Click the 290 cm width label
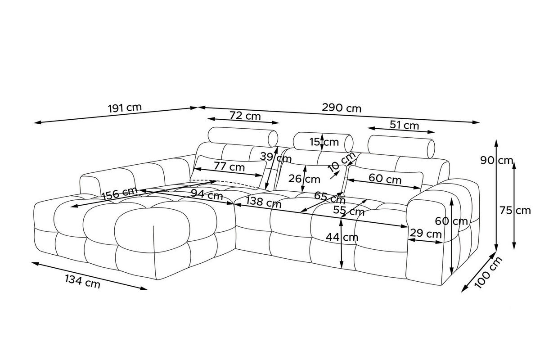pos(342,108)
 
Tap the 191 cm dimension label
pos(125,108)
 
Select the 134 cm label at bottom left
pos(82,282)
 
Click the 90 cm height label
pos(497,160)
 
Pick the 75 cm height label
pos(515,211)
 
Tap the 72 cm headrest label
pos(245,116)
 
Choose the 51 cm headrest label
pos(404,125)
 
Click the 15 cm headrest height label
pos(324,142)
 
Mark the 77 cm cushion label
pos(229,166)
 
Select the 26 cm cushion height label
pos(304,179)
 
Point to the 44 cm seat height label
pos(342,237)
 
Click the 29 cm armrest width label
pos(426,234)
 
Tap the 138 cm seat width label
pos(264,202)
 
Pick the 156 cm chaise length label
pos(119,193)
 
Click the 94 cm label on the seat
pos(207,194)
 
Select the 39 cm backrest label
pos(275,157)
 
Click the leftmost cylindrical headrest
pos(243,137)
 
